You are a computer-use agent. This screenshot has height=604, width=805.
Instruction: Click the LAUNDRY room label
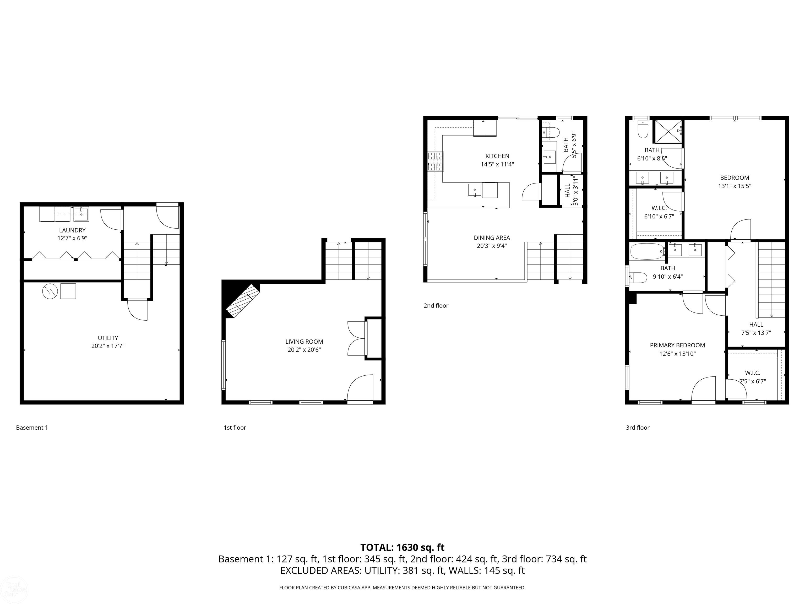pyautogui.click(x=72, y=230)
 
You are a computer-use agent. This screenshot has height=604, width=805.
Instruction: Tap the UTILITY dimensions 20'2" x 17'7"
pyautogui.click(x=108, y=346)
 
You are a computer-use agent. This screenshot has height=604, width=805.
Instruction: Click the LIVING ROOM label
pyautogui.click(x=304, y=342)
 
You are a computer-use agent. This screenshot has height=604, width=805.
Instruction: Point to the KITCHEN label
pyautogui.click(x=497, y=156)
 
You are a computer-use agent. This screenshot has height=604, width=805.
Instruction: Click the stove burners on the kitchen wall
pyautogui.click(x=436, y=161)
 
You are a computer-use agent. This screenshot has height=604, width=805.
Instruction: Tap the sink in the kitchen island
pyautogui.click(x=475, y=190)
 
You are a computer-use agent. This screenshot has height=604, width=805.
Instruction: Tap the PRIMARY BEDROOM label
pyautogui.click(x=677, y=345)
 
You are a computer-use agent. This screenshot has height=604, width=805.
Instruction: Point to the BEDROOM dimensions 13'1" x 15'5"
pyautogui.click(x=735, y=186)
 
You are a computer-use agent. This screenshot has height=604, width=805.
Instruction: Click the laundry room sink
pyautogui.click(x=81, y=214)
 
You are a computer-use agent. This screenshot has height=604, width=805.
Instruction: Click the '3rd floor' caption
pyautogui.click(x=637, y=427)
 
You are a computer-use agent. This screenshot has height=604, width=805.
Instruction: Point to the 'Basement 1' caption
pyautogui.click(x=32, y=427)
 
